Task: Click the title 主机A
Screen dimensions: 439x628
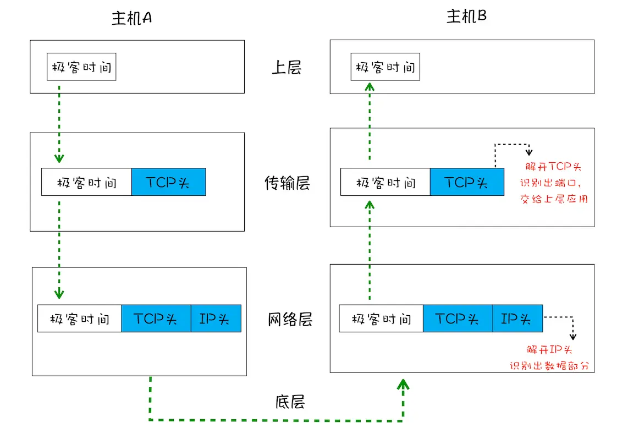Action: (132, 18)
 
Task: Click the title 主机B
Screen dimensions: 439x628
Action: (466, 17)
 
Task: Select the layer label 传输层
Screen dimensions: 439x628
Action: (287, 183)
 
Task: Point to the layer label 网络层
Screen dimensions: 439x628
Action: (290, 320)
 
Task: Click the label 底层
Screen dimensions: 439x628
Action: (290, 402)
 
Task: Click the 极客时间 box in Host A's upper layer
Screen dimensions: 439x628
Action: (81, 67)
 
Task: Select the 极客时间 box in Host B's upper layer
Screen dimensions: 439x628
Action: (385, 67)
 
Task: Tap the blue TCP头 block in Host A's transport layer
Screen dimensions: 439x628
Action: (168, 182)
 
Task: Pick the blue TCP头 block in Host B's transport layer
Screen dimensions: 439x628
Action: (466, 182)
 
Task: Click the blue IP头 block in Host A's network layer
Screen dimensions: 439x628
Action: (216, 319)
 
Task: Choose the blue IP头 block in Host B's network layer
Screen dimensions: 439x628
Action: (517, 319)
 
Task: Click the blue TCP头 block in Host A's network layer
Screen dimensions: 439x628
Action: (156, 319)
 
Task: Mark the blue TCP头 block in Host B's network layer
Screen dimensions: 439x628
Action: (458, 319)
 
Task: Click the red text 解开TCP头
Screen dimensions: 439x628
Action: (554, 167)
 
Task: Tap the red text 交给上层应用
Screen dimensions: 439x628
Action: (554, 199)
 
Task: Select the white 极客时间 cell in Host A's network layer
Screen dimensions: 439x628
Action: (80, 319)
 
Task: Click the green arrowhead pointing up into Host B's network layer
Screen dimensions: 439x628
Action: (404, 384)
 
